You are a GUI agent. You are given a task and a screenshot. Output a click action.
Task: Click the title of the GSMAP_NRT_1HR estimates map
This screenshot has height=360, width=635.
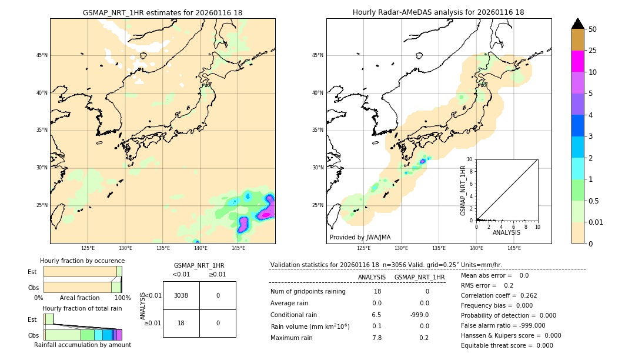162,12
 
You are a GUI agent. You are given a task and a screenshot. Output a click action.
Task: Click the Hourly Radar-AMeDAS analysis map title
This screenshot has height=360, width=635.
439,12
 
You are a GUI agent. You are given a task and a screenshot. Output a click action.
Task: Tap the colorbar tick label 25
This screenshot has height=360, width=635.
593,51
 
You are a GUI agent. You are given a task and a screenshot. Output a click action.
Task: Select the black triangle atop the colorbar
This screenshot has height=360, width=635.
578,24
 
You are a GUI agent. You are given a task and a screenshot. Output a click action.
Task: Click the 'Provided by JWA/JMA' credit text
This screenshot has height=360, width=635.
360,237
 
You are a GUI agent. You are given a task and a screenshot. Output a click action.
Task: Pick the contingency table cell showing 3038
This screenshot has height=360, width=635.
181,295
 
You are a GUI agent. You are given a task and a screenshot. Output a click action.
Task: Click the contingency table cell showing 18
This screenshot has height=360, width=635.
181,323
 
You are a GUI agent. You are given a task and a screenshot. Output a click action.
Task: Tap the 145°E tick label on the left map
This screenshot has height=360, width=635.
238,248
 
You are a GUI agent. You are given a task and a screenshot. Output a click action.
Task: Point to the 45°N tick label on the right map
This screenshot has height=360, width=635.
317,56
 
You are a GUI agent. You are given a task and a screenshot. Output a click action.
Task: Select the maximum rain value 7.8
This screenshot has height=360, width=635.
376,337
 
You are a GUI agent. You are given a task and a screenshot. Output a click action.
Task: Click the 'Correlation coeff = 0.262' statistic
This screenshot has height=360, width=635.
499,295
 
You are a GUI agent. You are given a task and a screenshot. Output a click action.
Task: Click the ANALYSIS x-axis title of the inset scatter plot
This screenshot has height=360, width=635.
506,233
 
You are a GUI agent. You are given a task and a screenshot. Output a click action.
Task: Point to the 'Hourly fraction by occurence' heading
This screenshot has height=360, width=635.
82,261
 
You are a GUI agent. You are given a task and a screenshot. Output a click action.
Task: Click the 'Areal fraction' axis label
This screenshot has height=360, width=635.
80,298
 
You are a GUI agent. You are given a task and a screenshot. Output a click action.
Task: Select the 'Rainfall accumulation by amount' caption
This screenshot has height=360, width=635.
82,345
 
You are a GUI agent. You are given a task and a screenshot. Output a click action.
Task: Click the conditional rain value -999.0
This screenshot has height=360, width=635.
419,315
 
